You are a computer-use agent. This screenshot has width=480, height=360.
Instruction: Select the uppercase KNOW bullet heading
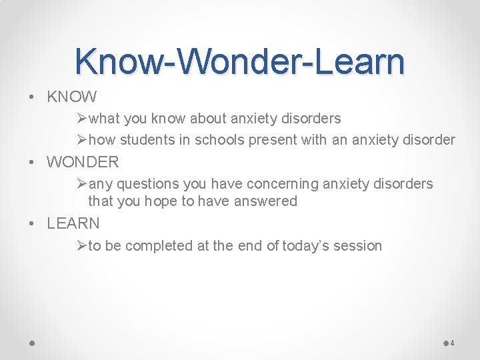pyautogui.click(x=72, y=97)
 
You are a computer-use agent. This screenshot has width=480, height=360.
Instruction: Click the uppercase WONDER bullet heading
pyautogui.click(x=83, y=162)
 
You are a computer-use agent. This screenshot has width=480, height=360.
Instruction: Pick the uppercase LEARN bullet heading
pyautogui.click(x=73, y=223)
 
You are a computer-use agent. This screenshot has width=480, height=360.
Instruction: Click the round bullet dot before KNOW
pyautogui.click(x=33, y=98)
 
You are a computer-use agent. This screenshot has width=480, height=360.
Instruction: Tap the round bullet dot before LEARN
pyautogui.click(x=33, y=224)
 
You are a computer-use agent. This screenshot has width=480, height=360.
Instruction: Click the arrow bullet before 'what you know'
pyautogui.click(x=82, y=119)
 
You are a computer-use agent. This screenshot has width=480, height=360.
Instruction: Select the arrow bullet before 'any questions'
pyautogui.click(x=82, y=183)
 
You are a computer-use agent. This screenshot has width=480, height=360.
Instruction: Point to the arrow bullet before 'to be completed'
pyautogui.click(x=82, y=246)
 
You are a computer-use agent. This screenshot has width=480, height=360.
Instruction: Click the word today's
pyautogui.click(x=307, y=246)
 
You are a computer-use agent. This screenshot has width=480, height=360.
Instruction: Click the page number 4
pyautogui.click(x=453, y=343)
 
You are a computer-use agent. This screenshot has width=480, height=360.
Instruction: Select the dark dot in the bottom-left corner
pyautogui.click(x=32, y=343)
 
